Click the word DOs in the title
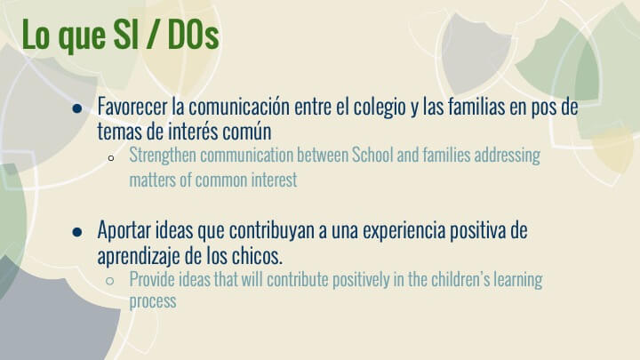tap(193, 35)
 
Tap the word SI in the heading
tap(125, 35)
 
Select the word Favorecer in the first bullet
tap(132, 107)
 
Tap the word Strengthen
tap(163, 156)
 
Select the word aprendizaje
tap(139, 256)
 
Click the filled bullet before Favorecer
tap(76, 108)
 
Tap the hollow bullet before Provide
tap(109, 281)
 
